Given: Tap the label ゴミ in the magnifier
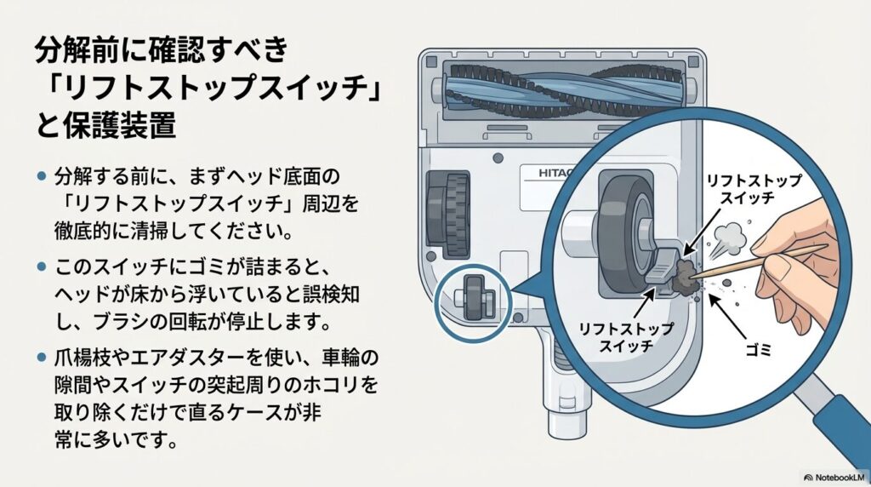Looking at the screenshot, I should coord(756,351).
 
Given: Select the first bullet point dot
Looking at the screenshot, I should coord(41,176).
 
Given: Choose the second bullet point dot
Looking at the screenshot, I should coord(41,267).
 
